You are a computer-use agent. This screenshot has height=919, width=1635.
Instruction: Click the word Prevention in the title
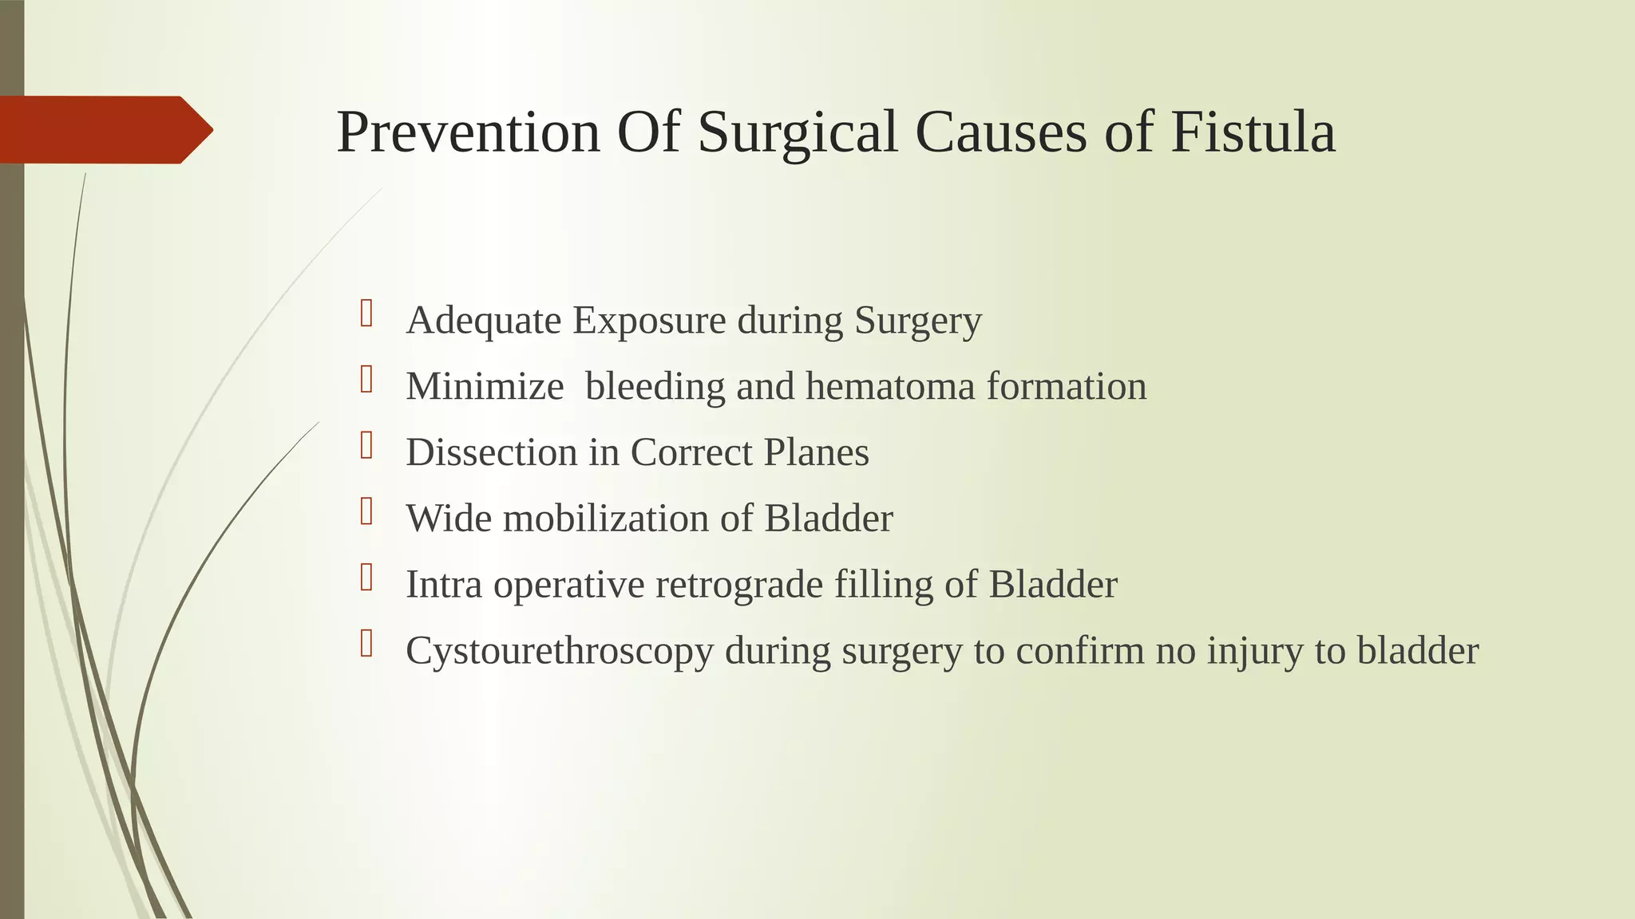coord(468,132)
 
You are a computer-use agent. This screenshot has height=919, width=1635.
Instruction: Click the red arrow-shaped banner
coord(104,130)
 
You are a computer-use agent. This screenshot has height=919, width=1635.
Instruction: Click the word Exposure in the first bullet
coord(649,321)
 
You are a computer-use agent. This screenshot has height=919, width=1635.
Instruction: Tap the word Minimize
coord(485,387)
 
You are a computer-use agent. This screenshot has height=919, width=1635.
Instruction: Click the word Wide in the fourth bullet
coord(448,519)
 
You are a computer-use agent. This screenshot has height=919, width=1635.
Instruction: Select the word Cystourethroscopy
coord(559,652)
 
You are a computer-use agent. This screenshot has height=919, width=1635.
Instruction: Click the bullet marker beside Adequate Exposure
coord(366,313)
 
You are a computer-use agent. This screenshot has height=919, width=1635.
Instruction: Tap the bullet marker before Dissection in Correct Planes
coord(366,445)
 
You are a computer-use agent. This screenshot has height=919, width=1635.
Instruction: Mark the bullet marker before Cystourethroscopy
coord(366,643)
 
